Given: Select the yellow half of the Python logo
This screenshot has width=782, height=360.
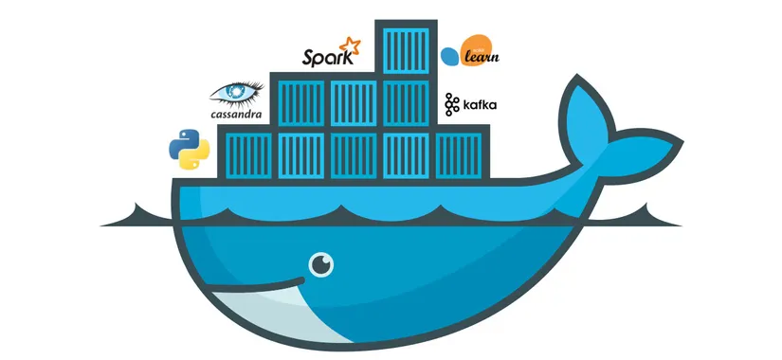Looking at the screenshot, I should pos(195,158).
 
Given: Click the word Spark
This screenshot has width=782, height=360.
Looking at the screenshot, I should pos(322,58).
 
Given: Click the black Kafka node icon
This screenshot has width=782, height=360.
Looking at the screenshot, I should pos(452,104).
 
